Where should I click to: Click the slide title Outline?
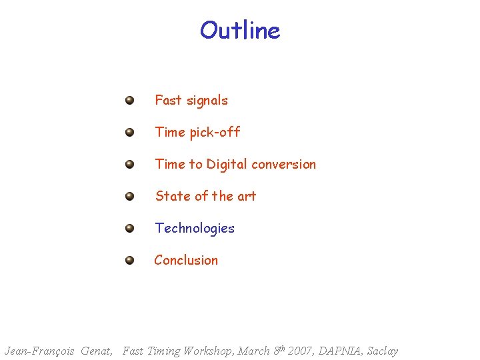[x=240, y=31]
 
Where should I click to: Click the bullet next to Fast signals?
[x=129, y=101]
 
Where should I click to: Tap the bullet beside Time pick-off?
[x=129, y=133]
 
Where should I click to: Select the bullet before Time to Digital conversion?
[x=129, y=164]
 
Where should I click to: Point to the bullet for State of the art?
[x=129, y=196]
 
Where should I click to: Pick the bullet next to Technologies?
[x=129, y=228]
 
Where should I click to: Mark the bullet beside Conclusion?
[x=129, y=260]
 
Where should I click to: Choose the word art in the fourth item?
[x=247, y=196]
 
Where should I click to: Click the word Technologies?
[x=195, y=228]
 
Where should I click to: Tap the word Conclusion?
[x=186, y=260]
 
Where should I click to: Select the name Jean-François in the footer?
[x=39, y=351]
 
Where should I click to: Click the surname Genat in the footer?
[x=96, y=351]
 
